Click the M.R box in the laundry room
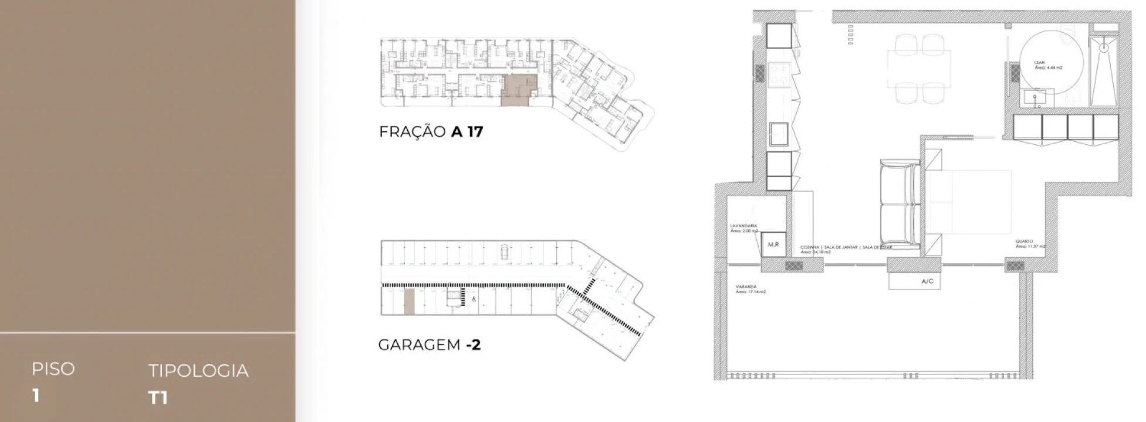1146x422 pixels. point(773,244)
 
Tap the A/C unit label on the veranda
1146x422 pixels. point(927,281)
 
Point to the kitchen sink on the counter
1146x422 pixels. point(780,135)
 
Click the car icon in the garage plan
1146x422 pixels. point(504,253)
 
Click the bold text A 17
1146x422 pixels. point(466,131)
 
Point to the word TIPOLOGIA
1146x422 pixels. point(198,370)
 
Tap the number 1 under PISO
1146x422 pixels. point(36,396)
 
